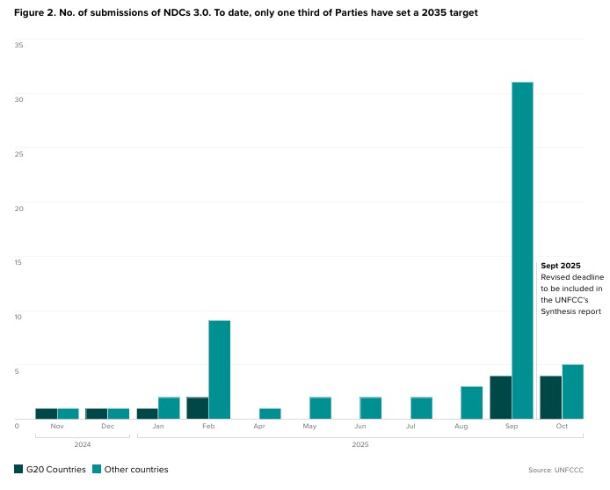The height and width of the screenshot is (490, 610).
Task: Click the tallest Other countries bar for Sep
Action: [x=522, y=250]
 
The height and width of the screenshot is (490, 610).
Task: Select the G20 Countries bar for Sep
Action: [x=500, y=398]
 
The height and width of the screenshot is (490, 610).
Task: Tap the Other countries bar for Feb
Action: [x=219, y=369]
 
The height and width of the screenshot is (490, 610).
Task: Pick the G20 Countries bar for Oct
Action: [x=550, y=398]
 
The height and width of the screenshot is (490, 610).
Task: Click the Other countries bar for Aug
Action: [x=471, y=403]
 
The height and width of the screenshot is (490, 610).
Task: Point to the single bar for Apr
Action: [x=270, y=413]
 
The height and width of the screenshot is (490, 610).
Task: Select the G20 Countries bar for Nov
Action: [x=47, y=413]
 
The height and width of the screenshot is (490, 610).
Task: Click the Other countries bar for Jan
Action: [x=169, y=408]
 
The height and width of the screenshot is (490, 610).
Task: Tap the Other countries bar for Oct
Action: [x=572, y=391]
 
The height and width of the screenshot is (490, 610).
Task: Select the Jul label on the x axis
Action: [x=410, y=427]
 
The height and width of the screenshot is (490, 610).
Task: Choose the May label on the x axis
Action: [x=309, y=427]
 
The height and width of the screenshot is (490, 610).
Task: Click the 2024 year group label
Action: [x=82, y=444]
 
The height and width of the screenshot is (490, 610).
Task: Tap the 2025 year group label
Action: [x=359, y=444]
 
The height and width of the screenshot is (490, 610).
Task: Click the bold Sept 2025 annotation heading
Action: [x=561, y=266]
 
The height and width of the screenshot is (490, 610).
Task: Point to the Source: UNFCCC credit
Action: [x=556, y=470]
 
